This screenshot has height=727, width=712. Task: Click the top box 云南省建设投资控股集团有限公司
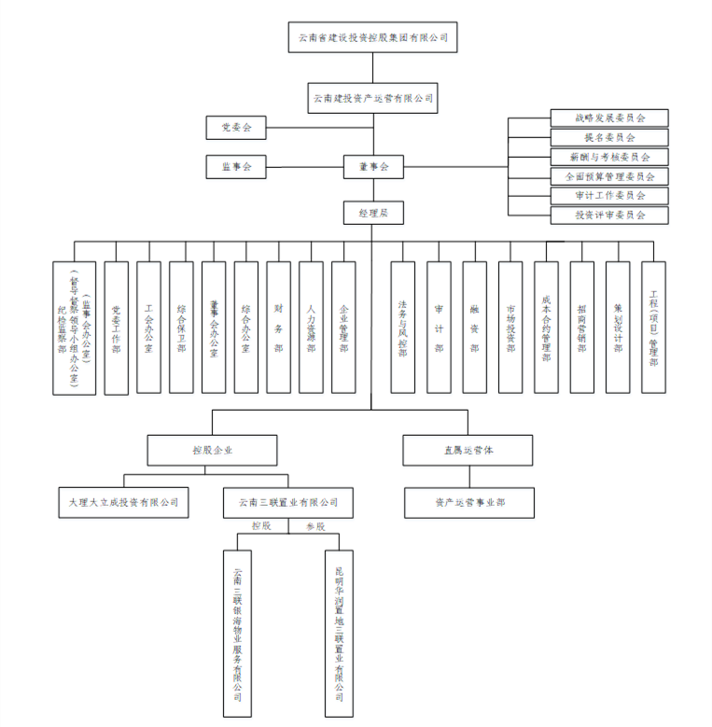372,37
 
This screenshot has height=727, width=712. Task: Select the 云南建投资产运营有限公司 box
372,97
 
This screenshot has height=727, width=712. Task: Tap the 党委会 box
236,127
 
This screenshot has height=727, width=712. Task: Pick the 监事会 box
236,167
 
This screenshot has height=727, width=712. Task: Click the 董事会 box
372,167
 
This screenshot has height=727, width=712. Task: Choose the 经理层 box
372,213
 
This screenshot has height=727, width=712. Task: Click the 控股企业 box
212,450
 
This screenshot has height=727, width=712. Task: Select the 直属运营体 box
468,450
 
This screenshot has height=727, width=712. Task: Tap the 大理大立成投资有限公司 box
123,502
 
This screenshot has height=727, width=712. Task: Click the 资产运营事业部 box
468,502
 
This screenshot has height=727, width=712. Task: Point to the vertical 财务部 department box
278,327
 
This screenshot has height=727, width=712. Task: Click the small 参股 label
315,526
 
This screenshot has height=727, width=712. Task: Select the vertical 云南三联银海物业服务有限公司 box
238,635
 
